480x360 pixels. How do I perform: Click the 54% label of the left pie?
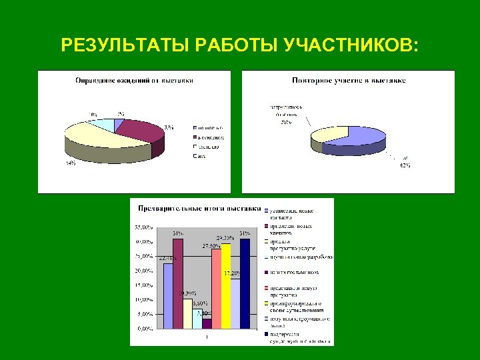70,164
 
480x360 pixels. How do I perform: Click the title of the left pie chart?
133,81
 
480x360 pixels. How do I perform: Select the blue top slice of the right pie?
353,134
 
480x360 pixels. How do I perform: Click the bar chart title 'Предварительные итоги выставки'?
198,208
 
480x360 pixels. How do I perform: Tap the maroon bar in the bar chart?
177,283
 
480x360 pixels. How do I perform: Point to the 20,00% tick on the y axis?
144,271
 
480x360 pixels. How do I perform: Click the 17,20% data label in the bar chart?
231,273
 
